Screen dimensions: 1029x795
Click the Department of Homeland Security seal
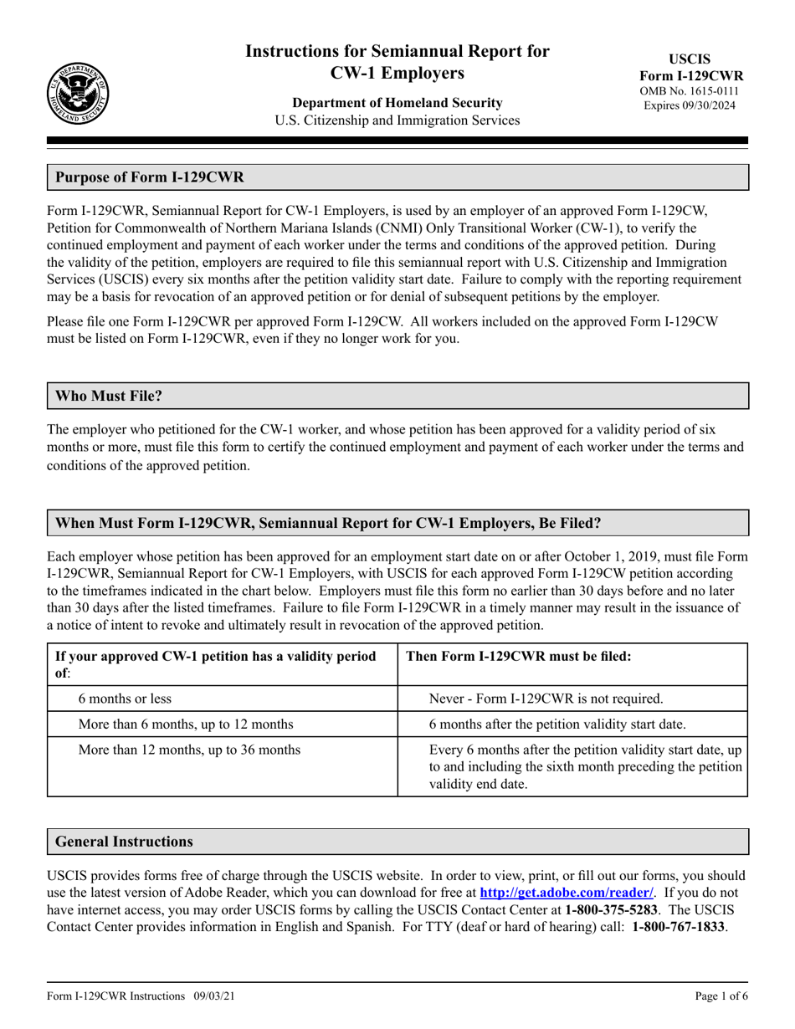click(77, 93)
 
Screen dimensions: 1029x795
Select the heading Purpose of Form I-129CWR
click(150, 177)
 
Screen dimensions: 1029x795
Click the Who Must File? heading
click(108, 396)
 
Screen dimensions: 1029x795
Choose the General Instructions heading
click(124, 841)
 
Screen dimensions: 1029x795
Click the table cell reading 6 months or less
click(125, 699)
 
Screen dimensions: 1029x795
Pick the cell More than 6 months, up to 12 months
click(186, 724)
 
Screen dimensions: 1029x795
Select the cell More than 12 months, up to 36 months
click(189, 750)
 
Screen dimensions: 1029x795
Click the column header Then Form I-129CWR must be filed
click(518, 657)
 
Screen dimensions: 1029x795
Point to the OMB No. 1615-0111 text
click(690, 90)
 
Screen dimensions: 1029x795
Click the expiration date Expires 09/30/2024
click(690, 105)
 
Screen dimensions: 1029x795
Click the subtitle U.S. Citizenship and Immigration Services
click(397, 120)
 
